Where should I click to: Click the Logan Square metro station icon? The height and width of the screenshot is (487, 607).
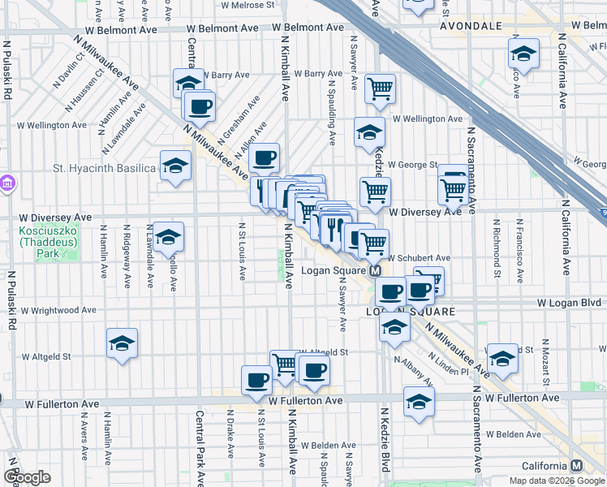tap(376, 271)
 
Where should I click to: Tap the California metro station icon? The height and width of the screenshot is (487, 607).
tap(576, 466)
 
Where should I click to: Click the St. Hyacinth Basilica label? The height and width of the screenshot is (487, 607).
tap(103, 169)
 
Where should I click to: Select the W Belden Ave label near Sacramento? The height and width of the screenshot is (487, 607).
tap(502, 435)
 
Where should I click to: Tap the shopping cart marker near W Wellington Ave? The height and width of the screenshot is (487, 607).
tap(380, 89)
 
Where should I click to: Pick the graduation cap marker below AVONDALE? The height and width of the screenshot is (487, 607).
tap(523, 54)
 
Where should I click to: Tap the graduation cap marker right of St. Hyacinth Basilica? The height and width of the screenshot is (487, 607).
tap(175, 166)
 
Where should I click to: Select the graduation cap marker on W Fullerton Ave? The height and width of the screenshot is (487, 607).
tap(419, 401)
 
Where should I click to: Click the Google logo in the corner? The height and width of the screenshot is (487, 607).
tap(27, 477)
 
